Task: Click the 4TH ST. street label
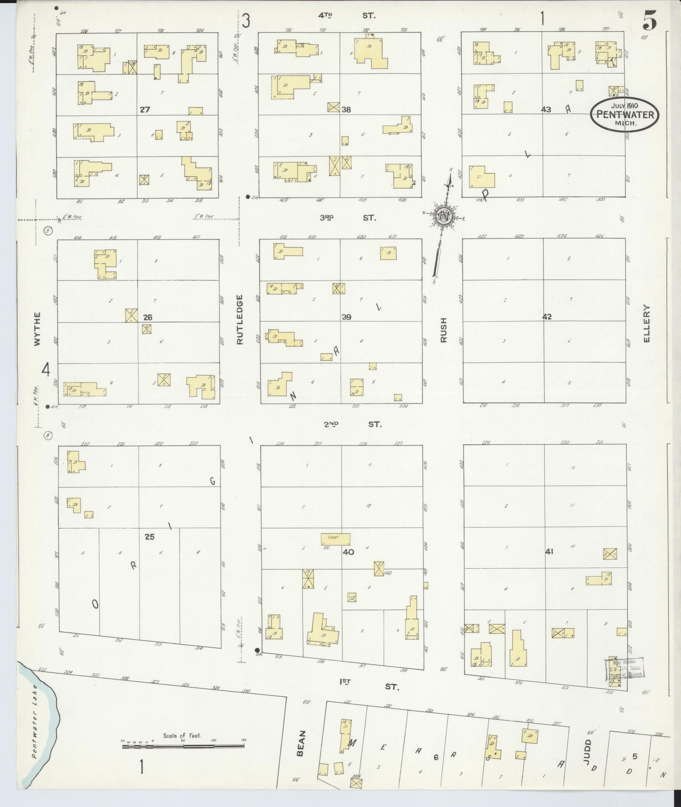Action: pos(347,15)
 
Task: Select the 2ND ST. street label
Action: pos(353,424)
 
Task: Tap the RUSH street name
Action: pos(443,330)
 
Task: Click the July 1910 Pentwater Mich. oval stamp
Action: pos(625,114)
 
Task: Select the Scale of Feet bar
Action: pos(183,745)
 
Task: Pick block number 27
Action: pos(145,110)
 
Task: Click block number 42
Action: pos(547,317)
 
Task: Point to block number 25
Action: pos(149,537)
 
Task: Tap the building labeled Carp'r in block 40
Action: pos(335,539)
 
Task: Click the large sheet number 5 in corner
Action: pos(649,20)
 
